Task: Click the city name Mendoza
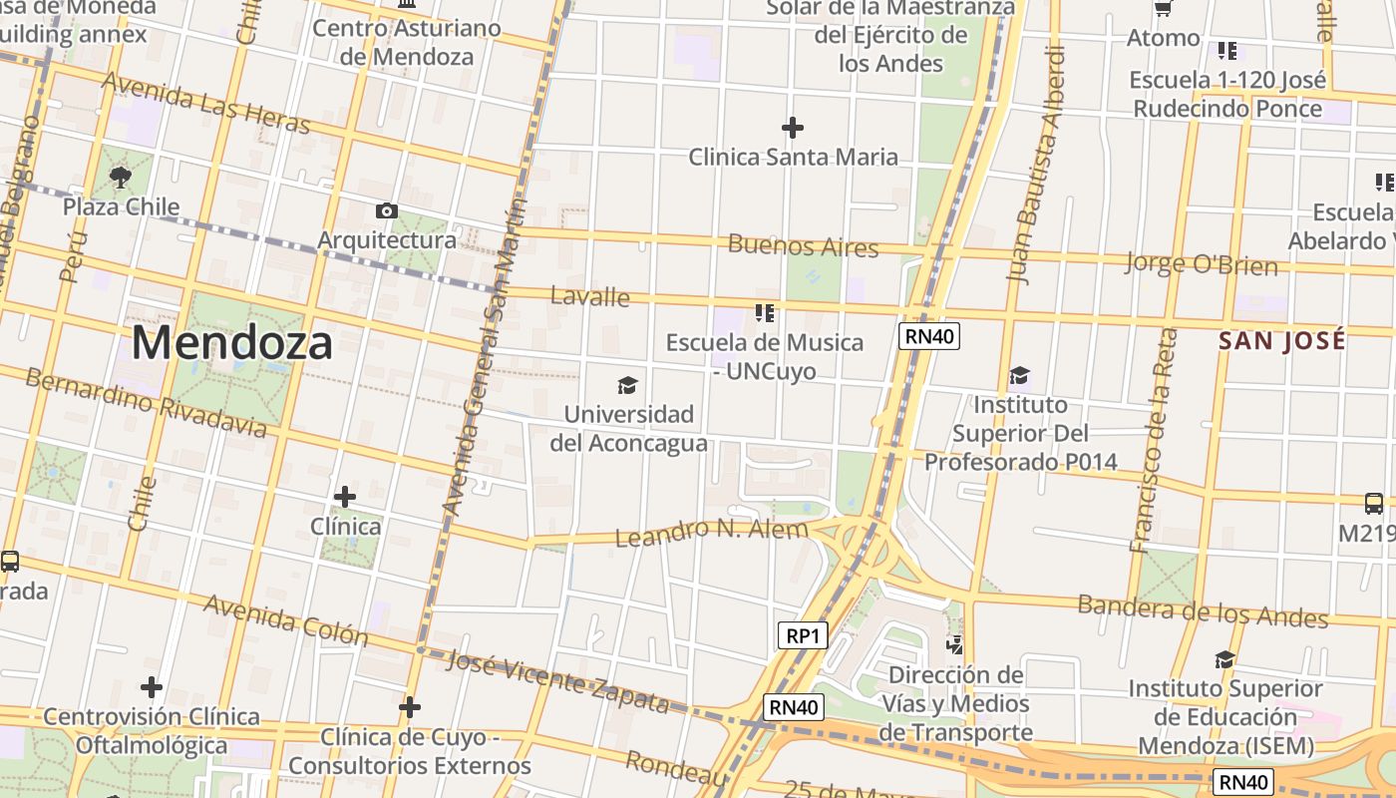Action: tap(231, 343)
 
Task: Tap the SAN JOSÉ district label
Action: tap(1281, 340)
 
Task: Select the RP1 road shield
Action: tap(802, 635)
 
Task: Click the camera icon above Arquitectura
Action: tap(386, 210)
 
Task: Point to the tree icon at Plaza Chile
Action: tap(121, 178)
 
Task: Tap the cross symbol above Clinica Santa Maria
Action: tap(793, 128)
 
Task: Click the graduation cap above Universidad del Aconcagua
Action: tap(627, 385)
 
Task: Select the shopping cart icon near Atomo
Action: tap(1163, 9)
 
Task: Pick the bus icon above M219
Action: tap(1373, 504)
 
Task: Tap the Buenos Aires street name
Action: tap(803, 245)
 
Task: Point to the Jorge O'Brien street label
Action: tap(1201, 264)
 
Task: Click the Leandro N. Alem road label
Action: tap(711, 531)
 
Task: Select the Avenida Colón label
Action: tap(285, 619)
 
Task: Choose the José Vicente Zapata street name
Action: tap(557, 680)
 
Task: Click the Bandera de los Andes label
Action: tap(1203, 610)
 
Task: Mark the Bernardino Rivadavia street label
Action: tap(146, 403)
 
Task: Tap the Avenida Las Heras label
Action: tap(206, 103)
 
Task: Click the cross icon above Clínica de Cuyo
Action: tap(409, 707)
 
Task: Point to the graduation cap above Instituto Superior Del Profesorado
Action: tap(1019, 376)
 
